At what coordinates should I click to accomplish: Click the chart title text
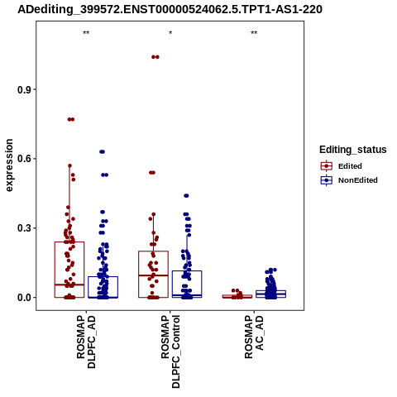click(x=170, y=9)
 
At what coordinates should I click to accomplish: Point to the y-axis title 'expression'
click(x=9, y=165)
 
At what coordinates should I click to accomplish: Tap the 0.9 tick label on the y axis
click(x=24, y=89)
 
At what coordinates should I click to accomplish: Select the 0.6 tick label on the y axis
click(x=24, y=159)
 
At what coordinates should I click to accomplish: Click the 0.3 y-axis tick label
click(x=24, y=228)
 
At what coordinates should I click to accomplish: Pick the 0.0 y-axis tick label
click(x=24, y=298)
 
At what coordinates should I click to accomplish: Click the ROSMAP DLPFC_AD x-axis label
click(x=86, y=342)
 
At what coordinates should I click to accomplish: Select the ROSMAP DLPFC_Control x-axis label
click(x=170, y=352)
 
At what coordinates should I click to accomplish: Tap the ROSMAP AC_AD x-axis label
click(x=254, y=337)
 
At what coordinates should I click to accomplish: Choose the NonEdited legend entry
click(x=349, y=180)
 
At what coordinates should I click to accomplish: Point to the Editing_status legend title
click(x=353, y=150)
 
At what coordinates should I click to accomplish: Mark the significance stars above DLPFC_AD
click(x=86, y=33)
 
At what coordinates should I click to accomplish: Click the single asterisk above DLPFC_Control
click(x=170, y=33)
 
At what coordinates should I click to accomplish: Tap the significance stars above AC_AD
click(x=254, y=33)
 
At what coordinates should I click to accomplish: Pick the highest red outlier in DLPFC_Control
click(x=155, y=57)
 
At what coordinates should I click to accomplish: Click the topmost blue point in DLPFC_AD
click(x=103, y=151)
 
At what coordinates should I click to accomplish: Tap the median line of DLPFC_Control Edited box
click(x=153, y=275)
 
